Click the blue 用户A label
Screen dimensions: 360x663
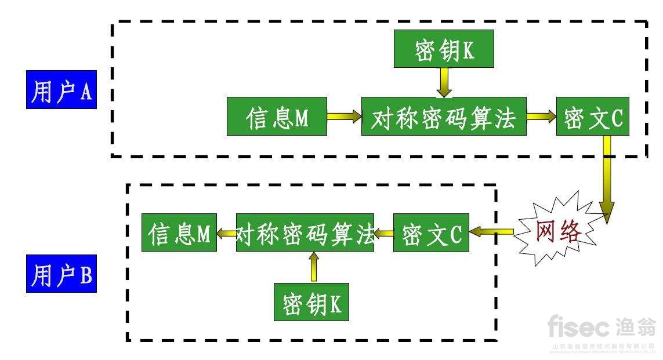[x=61, y=90]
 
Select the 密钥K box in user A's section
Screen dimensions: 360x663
[x=444, y=49]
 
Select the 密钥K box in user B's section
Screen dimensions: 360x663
[x=311, y=301]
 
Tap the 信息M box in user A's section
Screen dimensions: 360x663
[x=277, y=117]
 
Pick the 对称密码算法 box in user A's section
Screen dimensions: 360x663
[x=443, y=117]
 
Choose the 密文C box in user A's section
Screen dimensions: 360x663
[x=592, y=117]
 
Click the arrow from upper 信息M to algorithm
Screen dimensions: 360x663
[x=344, y=117]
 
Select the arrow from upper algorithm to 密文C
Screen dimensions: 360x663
[x=541, y=117]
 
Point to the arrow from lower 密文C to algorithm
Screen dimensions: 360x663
[x=383, y=233]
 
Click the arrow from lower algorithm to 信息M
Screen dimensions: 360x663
[x=226, y=233]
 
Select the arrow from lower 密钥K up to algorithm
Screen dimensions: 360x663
[x=314, y=267]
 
